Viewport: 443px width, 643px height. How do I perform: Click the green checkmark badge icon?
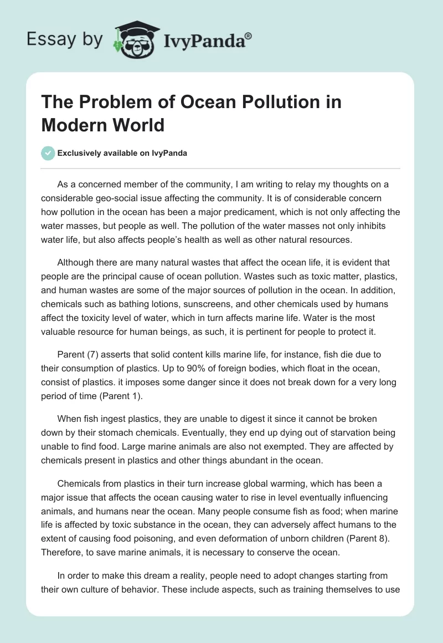tap(48, 153)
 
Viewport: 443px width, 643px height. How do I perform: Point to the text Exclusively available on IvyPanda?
tap(122, 154)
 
